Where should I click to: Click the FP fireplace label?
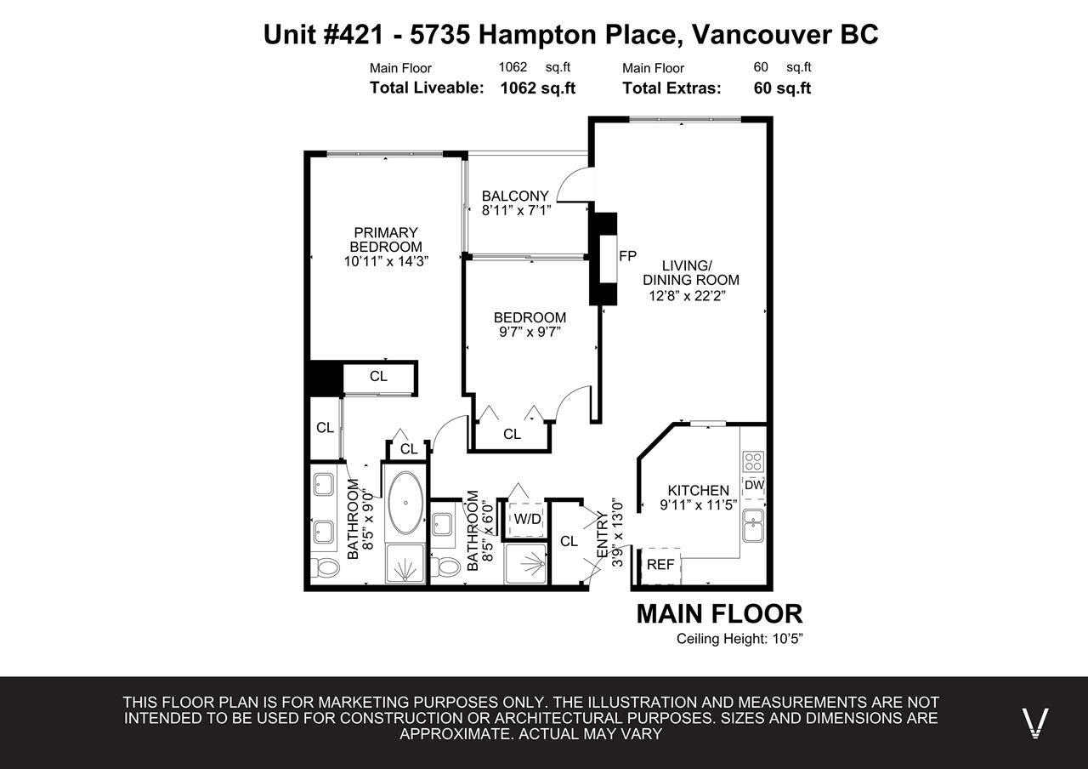tap(627, 256)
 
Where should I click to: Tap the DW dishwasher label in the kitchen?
tap(754, 485)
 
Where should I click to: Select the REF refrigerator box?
tap(660, 566)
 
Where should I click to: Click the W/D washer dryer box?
tap(527, 519)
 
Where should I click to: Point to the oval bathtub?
tap(406, 503)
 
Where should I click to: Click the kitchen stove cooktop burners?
tap(753, 462)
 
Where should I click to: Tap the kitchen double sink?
tap(753, 526)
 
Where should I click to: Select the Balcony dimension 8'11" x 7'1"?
tap(517, 210)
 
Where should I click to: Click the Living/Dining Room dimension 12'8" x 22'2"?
tap(688, 295)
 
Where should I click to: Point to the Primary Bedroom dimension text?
tap(386, 261)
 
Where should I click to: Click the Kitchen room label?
tap(699, 491)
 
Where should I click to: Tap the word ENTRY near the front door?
tap(603, 535)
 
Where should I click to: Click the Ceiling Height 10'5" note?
tap(739, 639)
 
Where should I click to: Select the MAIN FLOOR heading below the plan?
tap(719, 614)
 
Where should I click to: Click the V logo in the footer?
tap(1035, 723)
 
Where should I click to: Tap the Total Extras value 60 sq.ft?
tap(782, 88)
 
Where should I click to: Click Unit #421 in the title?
tap(324, 35)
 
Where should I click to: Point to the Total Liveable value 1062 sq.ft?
tap(538, 88)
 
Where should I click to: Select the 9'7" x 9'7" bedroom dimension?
tap(530, 332)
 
